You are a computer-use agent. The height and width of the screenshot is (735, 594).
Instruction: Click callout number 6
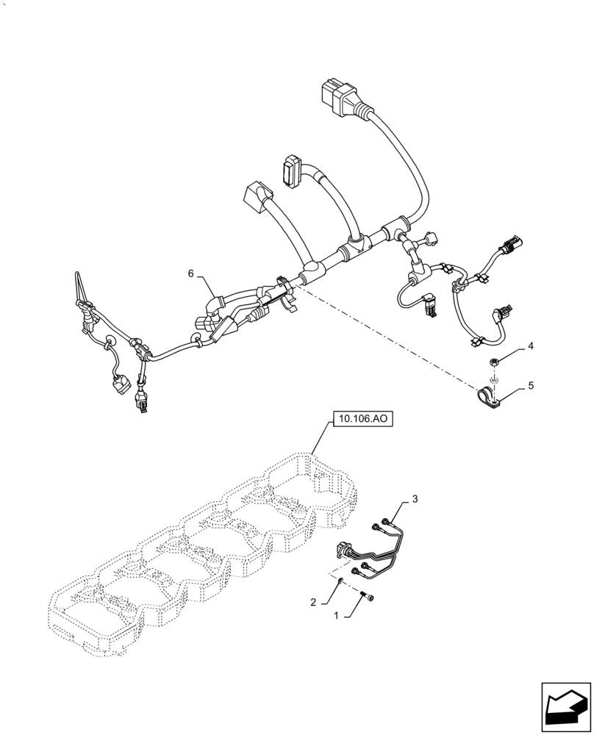[190, 273]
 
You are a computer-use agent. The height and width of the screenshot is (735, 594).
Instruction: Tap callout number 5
[529, 385]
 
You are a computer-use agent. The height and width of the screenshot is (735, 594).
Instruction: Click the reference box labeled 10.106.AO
[363, 420]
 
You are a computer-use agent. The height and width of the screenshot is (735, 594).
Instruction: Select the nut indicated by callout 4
[494, 360]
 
